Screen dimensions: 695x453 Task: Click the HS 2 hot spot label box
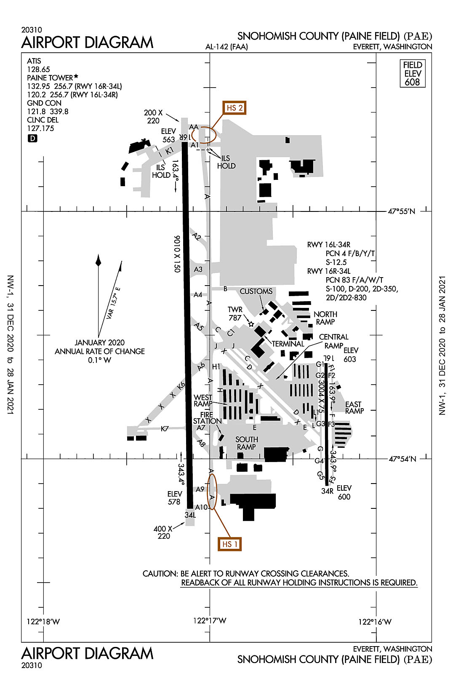[234, 108]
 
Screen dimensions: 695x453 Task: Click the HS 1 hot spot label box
[230, 544]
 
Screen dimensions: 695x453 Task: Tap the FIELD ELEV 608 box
[413, 74]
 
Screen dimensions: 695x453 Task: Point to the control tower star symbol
[251, 324]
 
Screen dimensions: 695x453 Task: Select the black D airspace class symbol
[32, 138]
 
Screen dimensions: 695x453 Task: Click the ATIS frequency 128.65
[38, 69]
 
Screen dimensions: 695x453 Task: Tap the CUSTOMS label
[256, 291]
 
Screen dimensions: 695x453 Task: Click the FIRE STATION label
[207, 418]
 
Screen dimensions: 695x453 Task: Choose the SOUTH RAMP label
[246, 443]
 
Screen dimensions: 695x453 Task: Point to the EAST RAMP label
[354, 407]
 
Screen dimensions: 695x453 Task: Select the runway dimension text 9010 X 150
[177, 254]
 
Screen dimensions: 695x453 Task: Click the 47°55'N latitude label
[401, 211]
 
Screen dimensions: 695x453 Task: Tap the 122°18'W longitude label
[43, 622]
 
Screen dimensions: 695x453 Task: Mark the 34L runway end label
[190, 515]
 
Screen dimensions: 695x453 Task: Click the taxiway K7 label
[165, 429]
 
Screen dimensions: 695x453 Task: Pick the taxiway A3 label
[198, 269]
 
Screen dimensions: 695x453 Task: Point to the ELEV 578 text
[174, 498]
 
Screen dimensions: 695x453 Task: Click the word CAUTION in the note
[160, 574]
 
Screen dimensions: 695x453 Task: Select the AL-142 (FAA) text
[226, 47]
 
